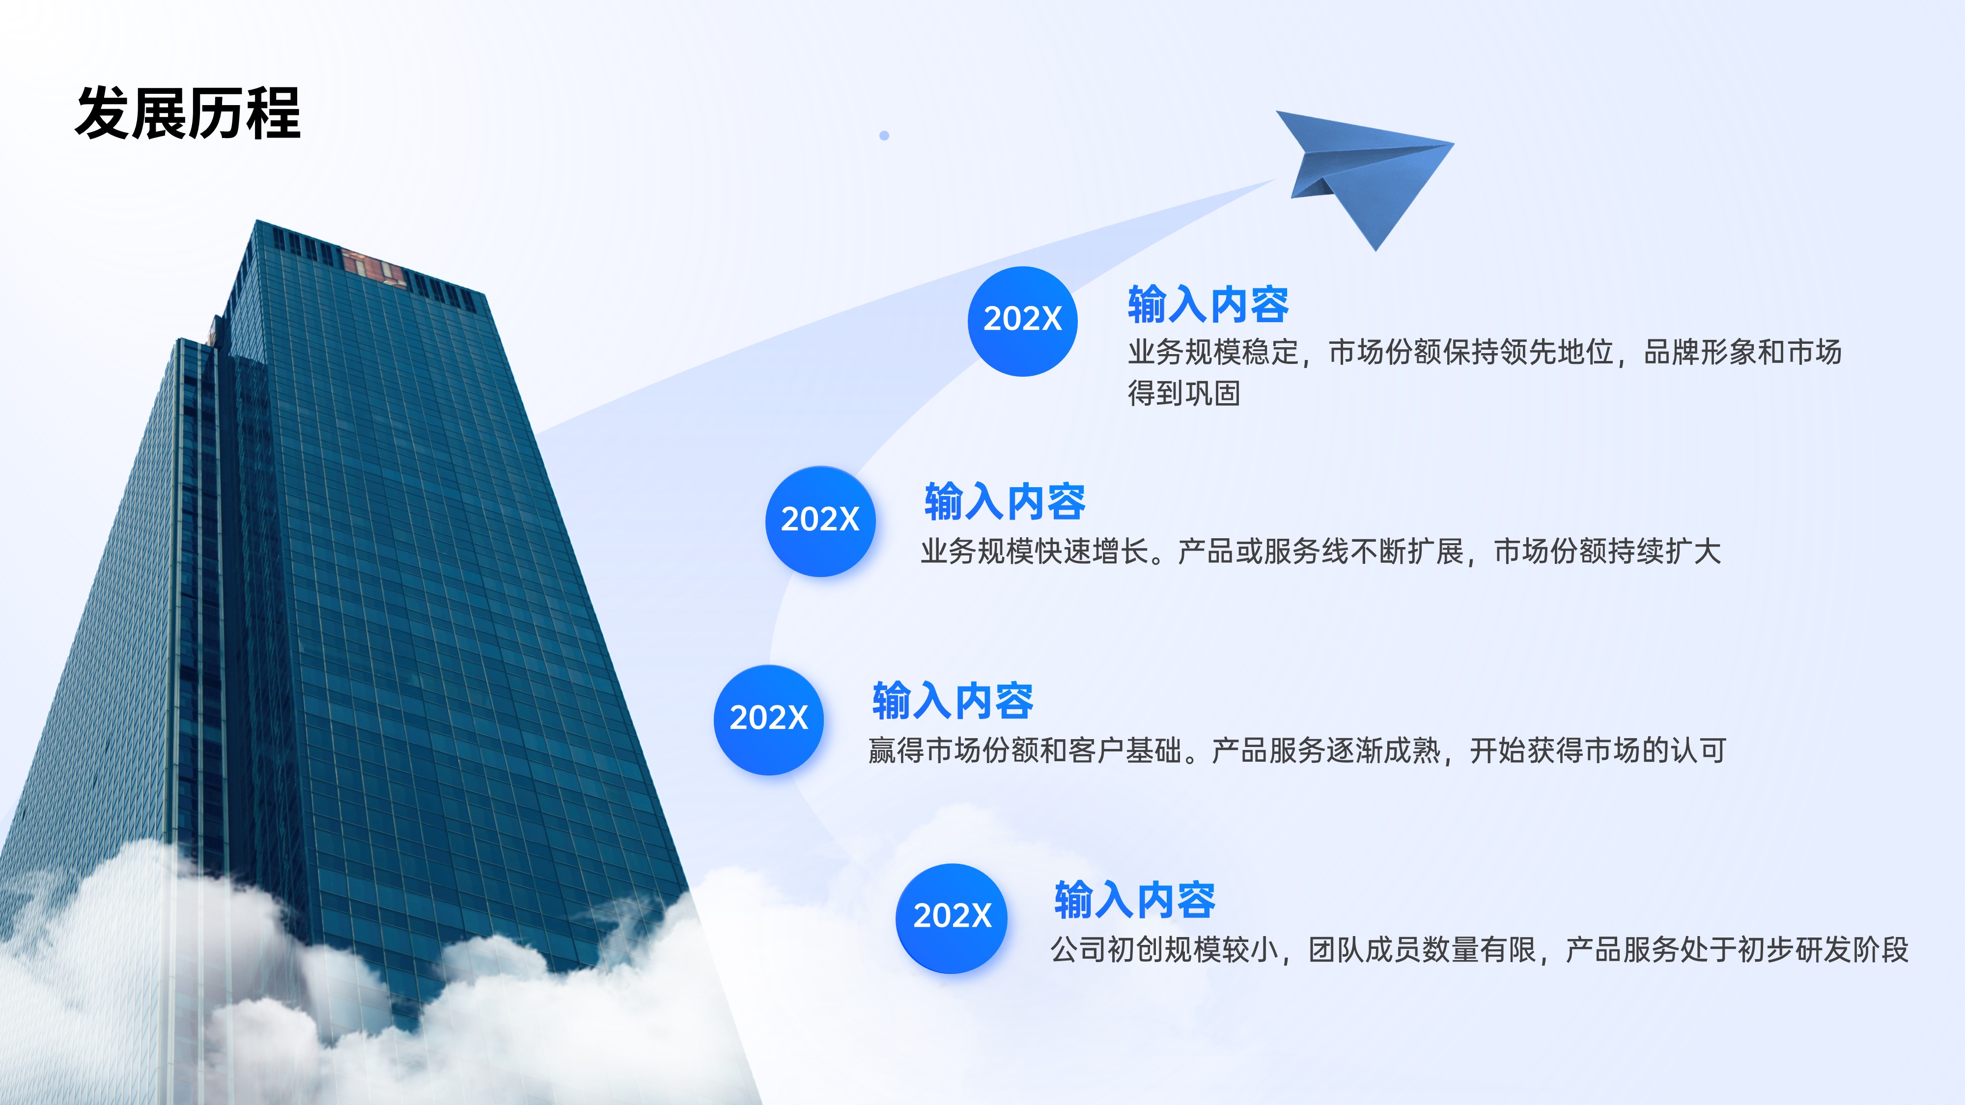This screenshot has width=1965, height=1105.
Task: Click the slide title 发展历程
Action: point(188,113)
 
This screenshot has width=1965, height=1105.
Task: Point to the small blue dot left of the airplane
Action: point(884,136)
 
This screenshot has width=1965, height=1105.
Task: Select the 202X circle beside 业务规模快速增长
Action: point(820,521)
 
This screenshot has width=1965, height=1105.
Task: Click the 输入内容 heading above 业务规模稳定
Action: point(1208,304)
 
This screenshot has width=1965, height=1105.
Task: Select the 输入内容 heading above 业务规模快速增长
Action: point(1005,502)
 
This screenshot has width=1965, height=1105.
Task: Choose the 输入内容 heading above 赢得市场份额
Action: point(953,701)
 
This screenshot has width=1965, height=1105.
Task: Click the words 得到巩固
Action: point(1184,393)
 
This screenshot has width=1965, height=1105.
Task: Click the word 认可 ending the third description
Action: point(1699,750)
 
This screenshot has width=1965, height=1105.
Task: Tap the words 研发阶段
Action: point(1852,949)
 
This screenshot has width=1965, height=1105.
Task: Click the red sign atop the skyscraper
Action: point(373,266)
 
